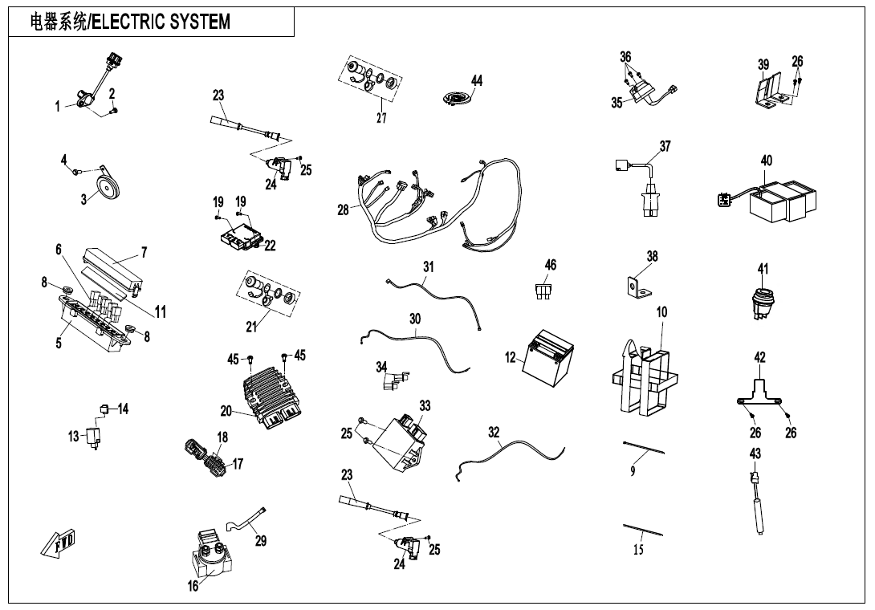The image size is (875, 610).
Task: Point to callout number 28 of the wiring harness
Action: point(343,210)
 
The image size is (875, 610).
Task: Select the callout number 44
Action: point(477,81)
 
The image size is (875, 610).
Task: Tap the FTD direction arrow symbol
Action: point(60,543)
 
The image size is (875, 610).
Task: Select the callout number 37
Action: point(665,146)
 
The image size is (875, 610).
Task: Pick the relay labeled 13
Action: point(94,436)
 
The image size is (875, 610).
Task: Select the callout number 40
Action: point(767,161)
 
